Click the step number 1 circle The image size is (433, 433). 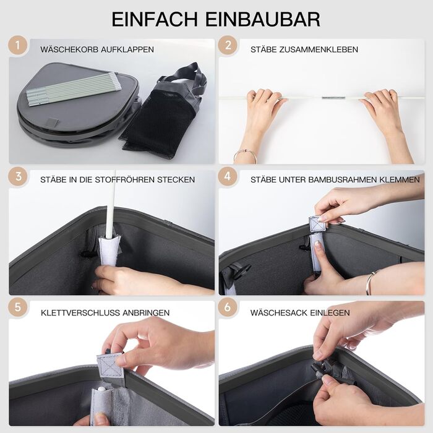click(x=18, y=45)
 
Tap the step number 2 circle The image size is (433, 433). click(x=228, y=45)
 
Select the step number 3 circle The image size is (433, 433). click(x=18, y=176)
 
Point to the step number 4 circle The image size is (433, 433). click(x=228, y=176)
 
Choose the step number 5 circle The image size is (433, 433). click(x=18, y=307)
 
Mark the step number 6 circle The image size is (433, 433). click(x=228, y=307)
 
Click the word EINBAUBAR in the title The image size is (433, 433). click(x=263, y=19)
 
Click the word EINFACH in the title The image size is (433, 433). click(x=155, y=19)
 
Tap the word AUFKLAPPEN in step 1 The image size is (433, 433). click(x=127, y=49)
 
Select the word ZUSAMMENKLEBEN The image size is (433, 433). click(x=319, y=49)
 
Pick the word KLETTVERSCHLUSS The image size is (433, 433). click(x=80, y=313)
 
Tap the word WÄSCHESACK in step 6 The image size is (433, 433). click(x=278, y=313)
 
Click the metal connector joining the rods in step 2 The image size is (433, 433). click(x=333, y=98)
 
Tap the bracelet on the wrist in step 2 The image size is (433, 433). click(x=245, y=155)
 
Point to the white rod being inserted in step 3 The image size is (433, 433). click(x=111, y=204)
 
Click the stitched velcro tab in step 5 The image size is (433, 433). click(x=110, y=366)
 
